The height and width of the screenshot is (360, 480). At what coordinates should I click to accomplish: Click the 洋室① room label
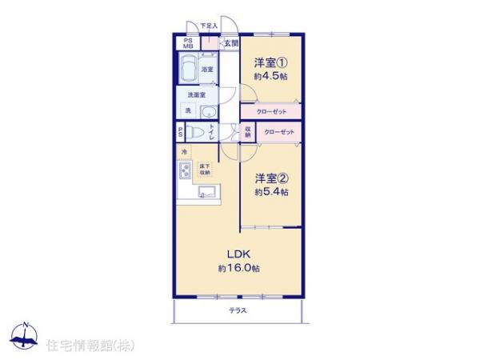[x=270, y=63]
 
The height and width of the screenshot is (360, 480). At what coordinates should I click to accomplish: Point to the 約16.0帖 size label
[x=239, y=268]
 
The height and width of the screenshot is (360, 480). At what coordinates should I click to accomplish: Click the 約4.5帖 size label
[x=270, y=76]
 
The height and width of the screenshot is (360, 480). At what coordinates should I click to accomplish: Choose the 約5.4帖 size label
[x=271, y=192]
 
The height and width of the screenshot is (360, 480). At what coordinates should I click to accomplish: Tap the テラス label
[x=237, y=310]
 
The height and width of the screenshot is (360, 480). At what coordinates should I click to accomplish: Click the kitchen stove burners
[x=183, y=169]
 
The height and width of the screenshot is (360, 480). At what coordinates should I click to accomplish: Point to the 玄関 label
[x=230, y=43]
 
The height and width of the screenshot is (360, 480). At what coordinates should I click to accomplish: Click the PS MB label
[x=188, y=43]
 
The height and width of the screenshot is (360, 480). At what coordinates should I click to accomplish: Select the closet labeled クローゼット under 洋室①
[x=272, y=111]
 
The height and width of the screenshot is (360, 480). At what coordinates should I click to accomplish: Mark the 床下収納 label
[x=206, y=169]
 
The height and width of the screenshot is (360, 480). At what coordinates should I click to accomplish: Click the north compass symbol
[x=25, y=337]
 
